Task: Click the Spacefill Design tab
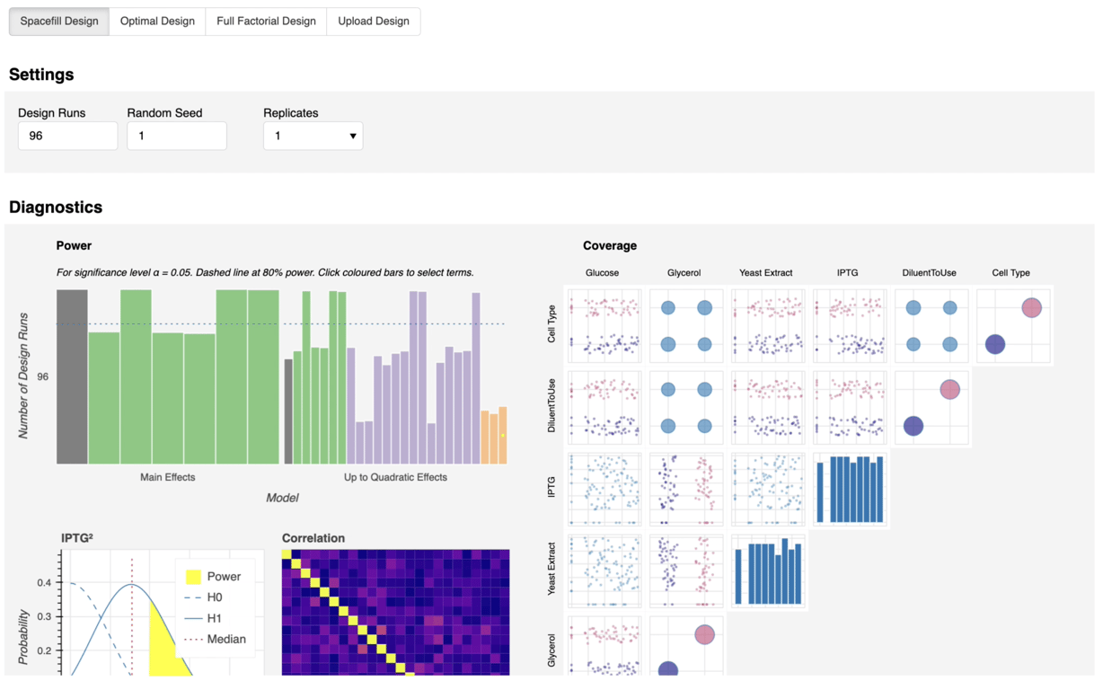59,22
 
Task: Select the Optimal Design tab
157,22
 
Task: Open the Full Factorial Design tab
266,22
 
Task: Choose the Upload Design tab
373,22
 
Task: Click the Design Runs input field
67,136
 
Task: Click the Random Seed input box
176,136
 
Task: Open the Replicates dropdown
313,136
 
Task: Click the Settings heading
41,75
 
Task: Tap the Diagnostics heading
56,208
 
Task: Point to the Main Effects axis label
167,477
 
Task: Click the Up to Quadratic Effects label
395,477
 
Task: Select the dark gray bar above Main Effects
72,377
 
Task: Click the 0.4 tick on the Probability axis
44,583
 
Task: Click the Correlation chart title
313,538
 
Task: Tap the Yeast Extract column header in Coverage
765,273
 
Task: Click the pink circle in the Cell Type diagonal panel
1031,307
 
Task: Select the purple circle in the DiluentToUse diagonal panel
913,426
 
